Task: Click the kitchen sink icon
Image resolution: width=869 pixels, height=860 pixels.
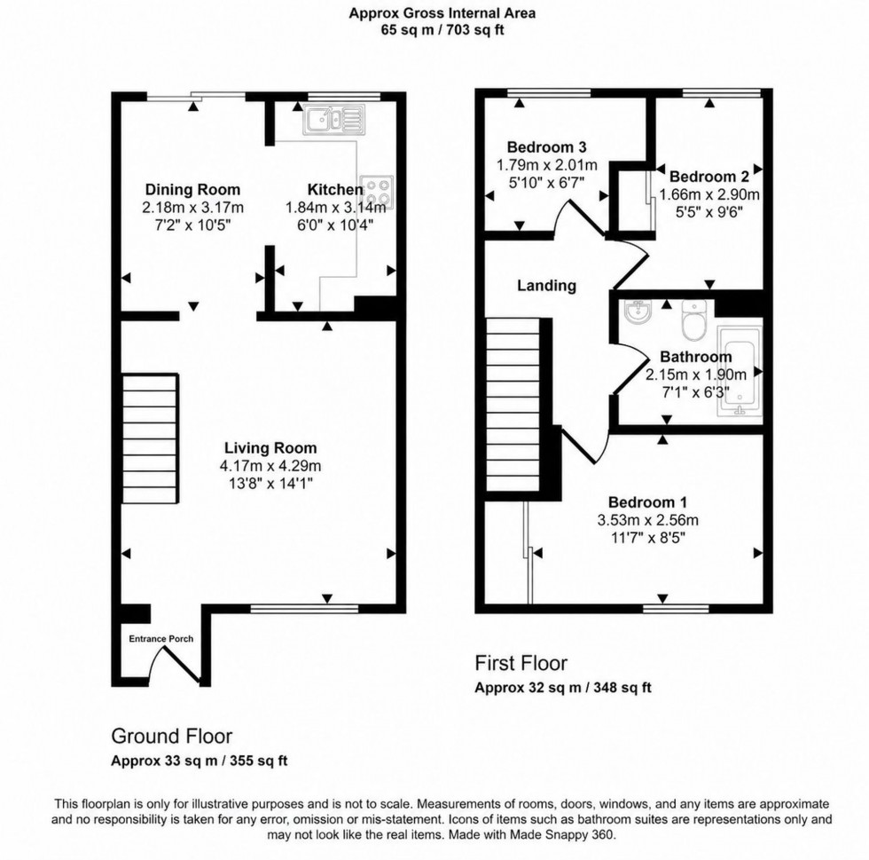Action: click(x=333, y=119)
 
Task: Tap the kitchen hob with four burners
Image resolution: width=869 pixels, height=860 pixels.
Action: click(x=377, y=189)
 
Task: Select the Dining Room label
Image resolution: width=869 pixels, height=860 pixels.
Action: click(x=192, y=190)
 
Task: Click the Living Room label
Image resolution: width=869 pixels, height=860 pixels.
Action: click(x=270, y=448)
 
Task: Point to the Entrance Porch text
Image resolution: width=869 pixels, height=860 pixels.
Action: click(x=161, y=638)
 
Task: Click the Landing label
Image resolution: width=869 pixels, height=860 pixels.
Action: click(x=547, y=286)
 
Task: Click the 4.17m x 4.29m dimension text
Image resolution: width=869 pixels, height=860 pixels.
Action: click(x=270, y=466)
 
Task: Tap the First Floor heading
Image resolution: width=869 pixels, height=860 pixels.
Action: click(x=521, y=663)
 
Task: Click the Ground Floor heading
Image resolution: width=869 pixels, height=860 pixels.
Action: click(x=171, y=736)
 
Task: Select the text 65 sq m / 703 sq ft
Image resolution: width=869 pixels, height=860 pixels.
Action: click(x=442, y=29)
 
